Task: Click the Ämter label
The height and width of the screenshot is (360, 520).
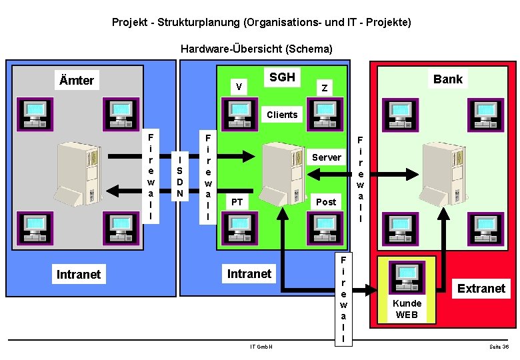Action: tap(77, 81)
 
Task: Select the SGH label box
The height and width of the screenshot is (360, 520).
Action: tap(282, 77)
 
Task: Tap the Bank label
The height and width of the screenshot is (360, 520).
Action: tap(447, 79)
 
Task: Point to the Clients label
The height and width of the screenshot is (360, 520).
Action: tap(282, 115)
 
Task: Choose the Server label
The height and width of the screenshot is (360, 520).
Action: tap(327, 157)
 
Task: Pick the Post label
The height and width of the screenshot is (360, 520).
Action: tap(326, 201)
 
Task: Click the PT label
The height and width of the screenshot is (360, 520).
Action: tap(237, 201)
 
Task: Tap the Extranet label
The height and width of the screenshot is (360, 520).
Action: tap(481, 289)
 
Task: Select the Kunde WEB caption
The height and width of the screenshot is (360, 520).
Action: tap(407, 309)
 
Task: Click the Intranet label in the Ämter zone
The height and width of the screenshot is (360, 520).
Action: tap(79, 274)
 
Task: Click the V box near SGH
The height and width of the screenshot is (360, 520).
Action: tap(239, 86)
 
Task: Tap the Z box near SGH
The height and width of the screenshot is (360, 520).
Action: tap(324, 87)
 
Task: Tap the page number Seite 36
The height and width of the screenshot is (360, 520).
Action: tap(498, 347)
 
